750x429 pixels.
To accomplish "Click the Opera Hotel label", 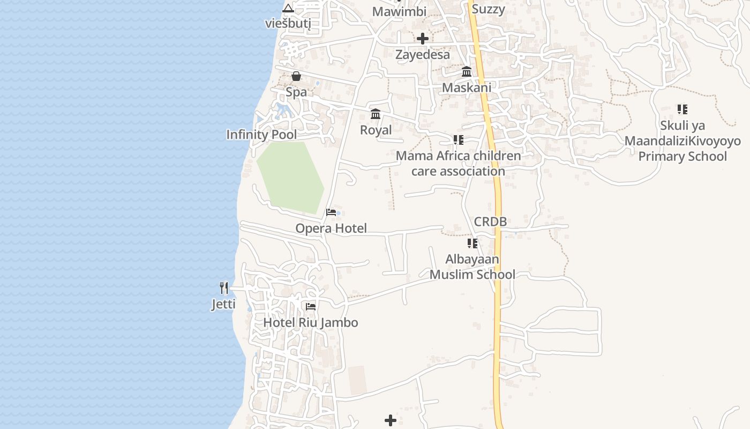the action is click(331, 228).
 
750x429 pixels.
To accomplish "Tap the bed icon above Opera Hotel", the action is click(331, 212).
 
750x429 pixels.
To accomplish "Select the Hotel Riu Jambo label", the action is click(310, 322).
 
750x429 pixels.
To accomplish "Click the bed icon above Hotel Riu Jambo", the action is click(310, 307).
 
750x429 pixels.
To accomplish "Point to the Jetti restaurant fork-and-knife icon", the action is click(224, 288).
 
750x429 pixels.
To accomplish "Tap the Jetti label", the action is click(223, 305).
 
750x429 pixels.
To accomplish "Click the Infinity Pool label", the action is click(261, 134).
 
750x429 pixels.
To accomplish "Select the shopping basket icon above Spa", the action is click(296, 76).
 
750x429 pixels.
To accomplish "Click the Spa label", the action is click(296, 92).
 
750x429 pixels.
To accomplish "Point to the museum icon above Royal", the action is click(376, 114).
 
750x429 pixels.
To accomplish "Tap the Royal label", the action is click(376, 130).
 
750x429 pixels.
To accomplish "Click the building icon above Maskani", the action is click(467, 71).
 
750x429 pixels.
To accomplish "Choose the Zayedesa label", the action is click(423, 54).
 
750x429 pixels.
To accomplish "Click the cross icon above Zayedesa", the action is click(423, 39).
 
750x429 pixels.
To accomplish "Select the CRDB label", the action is click(490, 221).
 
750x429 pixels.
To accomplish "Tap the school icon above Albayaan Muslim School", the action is click(472, 243).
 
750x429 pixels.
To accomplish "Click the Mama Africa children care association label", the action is click(458, 164).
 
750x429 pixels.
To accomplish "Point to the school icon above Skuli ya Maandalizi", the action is click(682, 109).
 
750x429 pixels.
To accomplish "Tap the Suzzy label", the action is click(488, 9).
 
